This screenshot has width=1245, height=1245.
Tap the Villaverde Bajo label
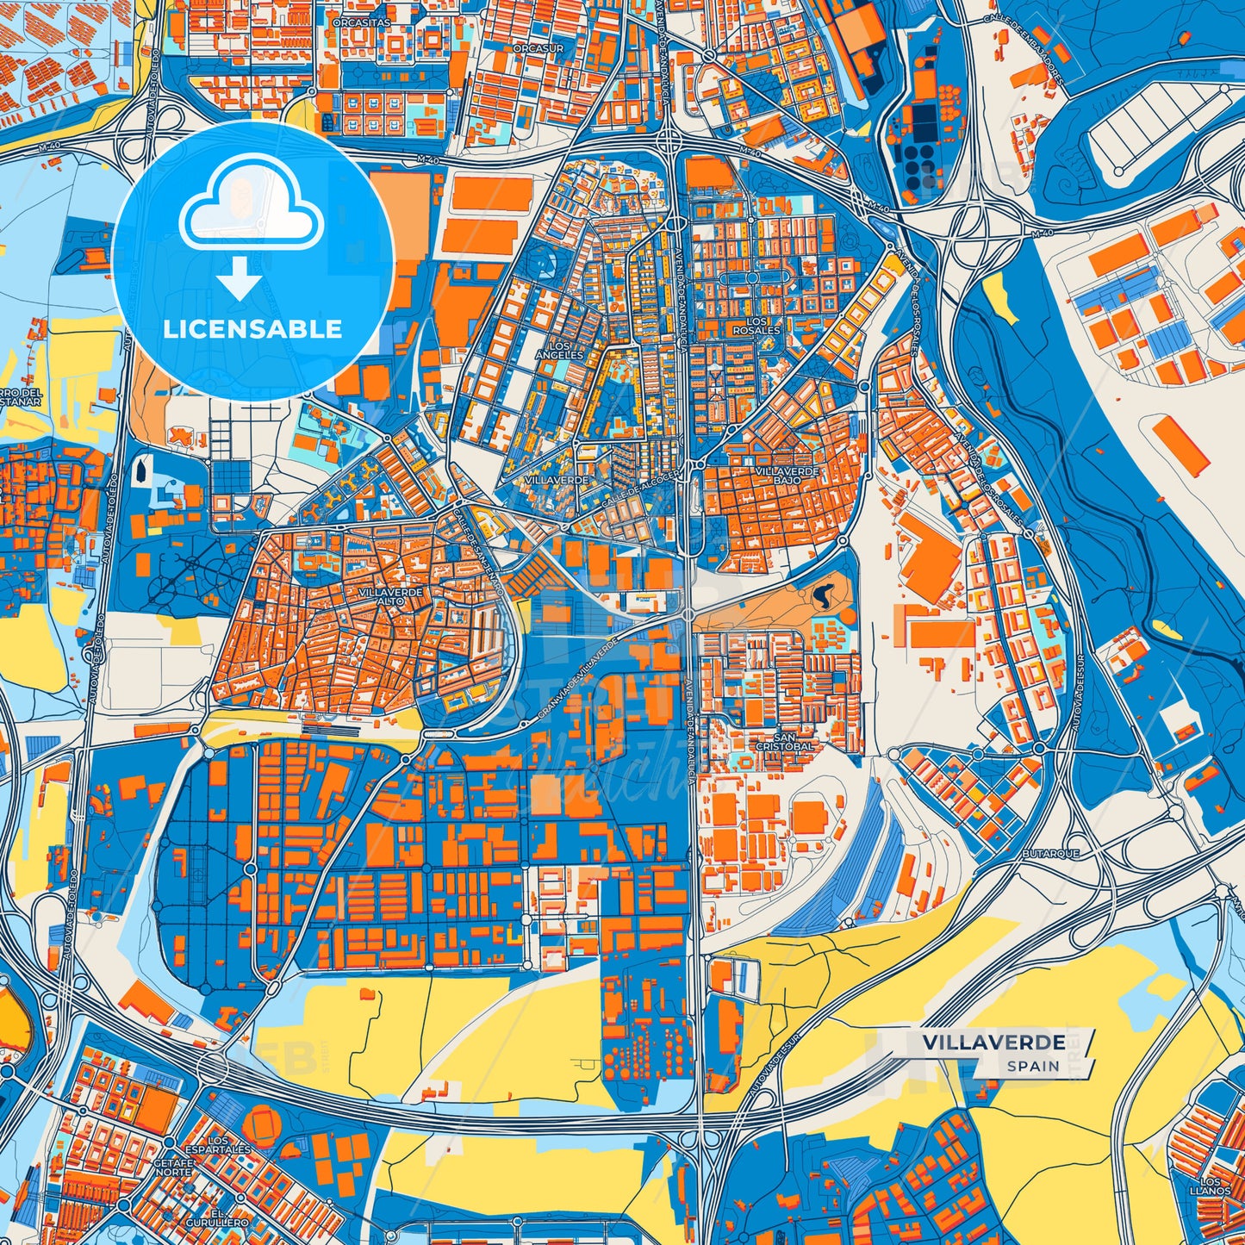click(787, 475)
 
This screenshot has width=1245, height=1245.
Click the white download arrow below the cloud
click(240, 280)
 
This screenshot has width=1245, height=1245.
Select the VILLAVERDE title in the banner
click(993, 1043)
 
